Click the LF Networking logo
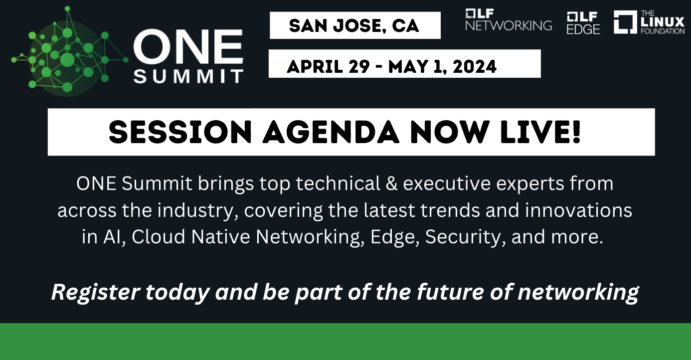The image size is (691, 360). pos(508,20)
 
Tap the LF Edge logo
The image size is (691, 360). pos(583,23)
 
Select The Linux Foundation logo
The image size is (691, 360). pos(649,22)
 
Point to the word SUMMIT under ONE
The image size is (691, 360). pos(188,76)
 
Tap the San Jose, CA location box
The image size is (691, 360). pos(354,25)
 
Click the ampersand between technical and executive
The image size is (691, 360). pos(389,184)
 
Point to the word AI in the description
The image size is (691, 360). pos(111,237)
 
